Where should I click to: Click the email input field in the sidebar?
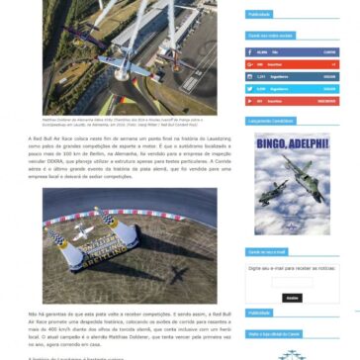coord(292,282)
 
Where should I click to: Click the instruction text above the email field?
coord(292,267)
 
